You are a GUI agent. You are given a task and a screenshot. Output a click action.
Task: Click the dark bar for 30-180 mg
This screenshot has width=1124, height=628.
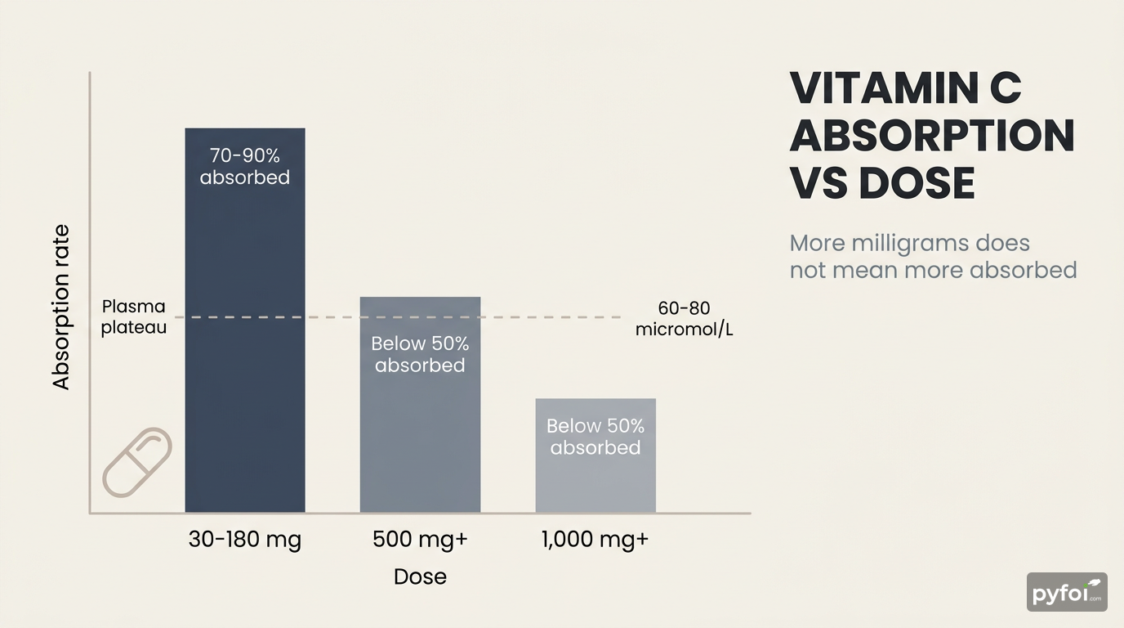tap(245, 343)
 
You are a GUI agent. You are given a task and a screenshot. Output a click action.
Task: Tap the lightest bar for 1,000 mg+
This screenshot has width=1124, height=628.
tap(595, 482)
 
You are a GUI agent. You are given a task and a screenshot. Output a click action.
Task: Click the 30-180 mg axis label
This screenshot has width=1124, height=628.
tap(245, 541)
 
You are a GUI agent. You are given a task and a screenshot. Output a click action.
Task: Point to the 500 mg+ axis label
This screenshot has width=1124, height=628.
tap(420, 541)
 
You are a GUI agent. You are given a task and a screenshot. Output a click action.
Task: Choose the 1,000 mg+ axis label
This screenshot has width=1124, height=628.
tap(595, 541)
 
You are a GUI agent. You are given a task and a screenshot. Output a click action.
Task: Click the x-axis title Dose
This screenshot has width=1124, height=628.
tap(420, 576)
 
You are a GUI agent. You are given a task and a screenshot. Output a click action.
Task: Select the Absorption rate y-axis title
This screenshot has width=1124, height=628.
tap(61, 307)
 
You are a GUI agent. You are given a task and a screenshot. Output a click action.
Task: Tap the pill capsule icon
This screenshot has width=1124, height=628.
tap(137, 462)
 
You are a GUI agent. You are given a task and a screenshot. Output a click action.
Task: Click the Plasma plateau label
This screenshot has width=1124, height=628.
tap(134, 316)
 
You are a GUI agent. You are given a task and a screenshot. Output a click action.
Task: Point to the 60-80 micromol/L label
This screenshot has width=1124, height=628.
tap(684, 319)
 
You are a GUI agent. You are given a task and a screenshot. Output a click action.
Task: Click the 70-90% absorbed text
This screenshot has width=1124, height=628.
tap(245, 167)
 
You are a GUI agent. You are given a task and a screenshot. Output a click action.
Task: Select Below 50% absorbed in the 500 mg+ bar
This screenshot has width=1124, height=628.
tap(420, 354)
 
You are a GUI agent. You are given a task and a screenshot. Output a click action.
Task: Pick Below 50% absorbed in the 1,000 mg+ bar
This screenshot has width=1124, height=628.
tap(595, 437)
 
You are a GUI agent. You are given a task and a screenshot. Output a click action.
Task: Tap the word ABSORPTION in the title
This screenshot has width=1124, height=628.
tap(931, 136)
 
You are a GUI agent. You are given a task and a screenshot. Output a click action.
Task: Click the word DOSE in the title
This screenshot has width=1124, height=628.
tap(917, 183)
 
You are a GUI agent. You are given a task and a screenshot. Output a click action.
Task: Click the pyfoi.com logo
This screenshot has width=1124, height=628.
tap(1067, 592)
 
